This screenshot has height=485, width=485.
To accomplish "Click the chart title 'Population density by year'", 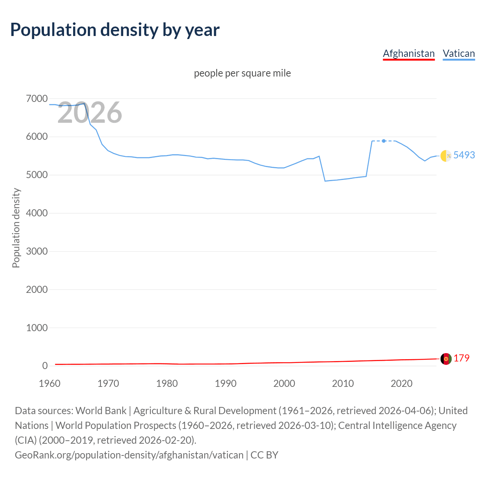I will pos(115,30).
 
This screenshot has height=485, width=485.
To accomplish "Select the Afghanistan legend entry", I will pos(408,53).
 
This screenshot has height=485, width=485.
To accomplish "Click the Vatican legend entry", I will pos(458,53).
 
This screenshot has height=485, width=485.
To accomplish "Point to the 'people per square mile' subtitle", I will pos(242,73).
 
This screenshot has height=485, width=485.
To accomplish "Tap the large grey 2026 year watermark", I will pos(90,113).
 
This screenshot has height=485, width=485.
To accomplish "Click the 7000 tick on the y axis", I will pos(37,99).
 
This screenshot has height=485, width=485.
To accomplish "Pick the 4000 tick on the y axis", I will pos(37,213).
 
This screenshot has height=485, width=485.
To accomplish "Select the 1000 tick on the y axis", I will pos(37,328).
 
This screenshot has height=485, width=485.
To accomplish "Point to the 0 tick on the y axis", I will pos(45,366).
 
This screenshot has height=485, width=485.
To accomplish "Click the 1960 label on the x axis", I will pos(50,383).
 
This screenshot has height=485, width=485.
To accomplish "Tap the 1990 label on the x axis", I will pos(225,383).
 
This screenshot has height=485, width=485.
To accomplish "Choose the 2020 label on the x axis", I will pos(401,383).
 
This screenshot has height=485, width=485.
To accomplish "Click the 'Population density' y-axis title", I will pos(16,228).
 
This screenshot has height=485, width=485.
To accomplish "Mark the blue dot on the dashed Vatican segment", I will pos(384,141).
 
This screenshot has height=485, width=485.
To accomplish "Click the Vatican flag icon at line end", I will pos(446,155).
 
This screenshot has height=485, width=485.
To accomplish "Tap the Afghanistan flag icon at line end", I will pos(446,358).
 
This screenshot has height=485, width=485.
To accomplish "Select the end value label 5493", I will pos(464,155).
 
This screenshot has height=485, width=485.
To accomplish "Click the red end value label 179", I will pos(462,358).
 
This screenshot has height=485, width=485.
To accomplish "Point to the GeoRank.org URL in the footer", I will pos(129,455).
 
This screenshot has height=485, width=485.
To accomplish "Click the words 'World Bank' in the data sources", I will pos(101,411).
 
